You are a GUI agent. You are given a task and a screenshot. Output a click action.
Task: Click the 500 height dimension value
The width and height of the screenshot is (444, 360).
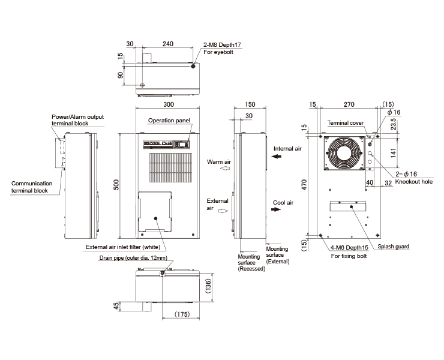[116, 184]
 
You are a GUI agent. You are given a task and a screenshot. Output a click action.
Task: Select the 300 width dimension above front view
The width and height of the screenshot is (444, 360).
[169, 104]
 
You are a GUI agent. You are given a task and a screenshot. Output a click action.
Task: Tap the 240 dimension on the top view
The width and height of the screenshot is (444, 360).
[168, 44]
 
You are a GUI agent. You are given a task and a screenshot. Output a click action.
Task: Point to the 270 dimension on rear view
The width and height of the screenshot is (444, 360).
[349, 104]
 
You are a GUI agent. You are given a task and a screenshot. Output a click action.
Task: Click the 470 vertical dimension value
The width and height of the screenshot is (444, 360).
[304, 185]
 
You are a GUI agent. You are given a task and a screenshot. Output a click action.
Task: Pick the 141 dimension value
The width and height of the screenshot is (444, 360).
[394, 153]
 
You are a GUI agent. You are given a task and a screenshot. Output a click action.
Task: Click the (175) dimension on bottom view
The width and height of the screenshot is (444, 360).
[182, 314]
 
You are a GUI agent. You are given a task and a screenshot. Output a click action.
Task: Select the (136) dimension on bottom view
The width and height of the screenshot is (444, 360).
[208, 286]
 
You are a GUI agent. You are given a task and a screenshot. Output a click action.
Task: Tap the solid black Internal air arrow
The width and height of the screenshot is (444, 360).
[277, 156]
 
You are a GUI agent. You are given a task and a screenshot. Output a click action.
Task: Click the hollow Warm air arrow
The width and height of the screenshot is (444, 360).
[225, 168]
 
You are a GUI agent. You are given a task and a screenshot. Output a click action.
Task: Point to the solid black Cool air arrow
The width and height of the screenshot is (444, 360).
[276, 209]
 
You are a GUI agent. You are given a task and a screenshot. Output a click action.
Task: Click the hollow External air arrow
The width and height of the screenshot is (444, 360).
[223, 211]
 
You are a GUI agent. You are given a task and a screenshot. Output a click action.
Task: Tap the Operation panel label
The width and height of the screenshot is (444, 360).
[169, 121]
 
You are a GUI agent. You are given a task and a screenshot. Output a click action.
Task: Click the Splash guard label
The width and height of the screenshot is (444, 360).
[394, 247]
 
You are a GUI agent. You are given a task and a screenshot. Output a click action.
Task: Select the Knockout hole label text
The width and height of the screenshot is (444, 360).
[414, 182]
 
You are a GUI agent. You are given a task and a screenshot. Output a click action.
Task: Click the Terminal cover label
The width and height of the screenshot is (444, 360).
[346, 123]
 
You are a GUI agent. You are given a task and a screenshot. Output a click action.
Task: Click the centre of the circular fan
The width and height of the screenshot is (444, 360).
[344, 153]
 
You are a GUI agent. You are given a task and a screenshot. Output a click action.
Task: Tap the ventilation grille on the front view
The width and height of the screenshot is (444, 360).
[170, 167]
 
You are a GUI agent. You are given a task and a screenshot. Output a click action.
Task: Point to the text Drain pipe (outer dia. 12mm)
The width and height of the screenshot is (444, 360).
[133, 258]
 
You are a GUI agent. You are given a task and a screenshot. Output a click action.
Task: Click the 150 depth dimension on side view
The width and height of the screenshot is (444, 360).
[250, 104]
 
